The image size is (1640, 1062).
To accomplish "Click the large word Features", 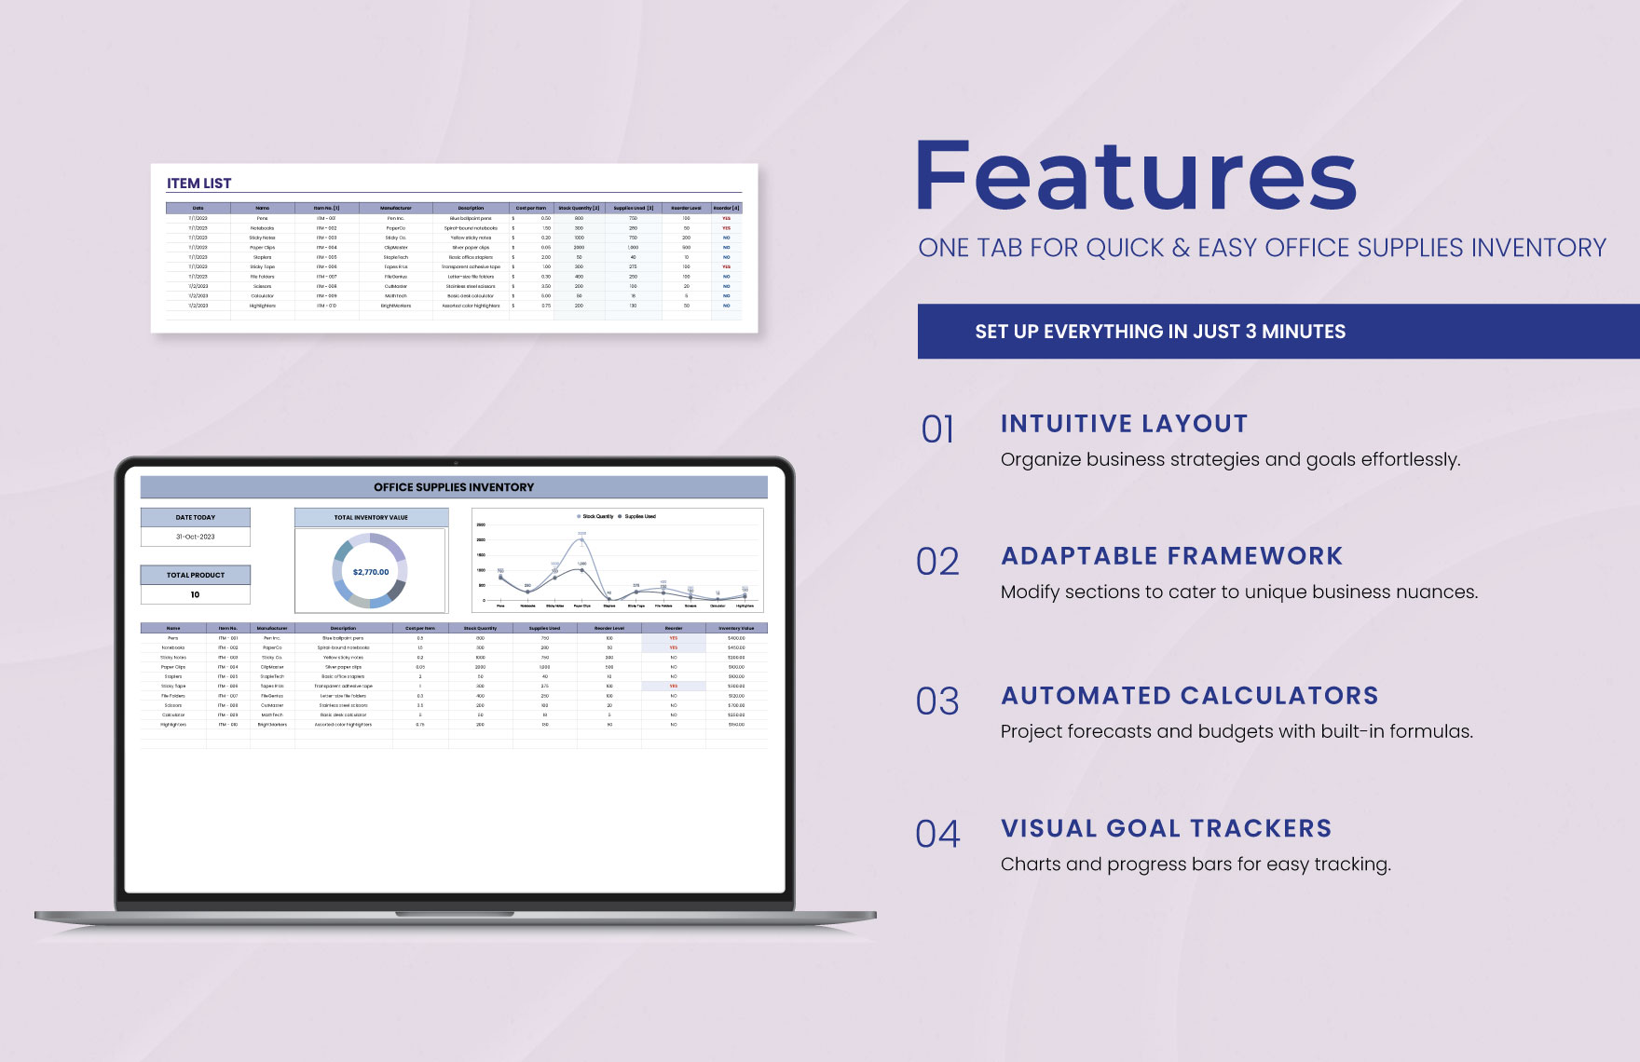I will (1136, 177).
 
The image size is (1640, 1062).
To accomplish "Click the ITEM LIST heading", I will (198, 184).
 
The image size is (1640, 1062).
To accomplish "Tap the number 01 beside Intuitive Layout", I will (937, 429).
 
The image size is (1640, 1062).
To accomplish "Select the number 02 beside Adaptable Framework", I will (937, 562).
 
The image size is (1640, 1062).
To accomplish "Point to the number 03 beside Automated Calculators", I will (937, 701).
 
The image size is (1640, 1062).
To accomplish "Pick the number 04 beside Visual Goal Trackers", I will (937, 834).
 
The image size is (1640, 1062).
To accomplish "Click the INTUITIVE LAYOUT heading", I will (1124, 424).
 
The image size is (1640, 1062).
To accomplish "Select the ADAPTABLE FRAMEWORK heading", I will (1171, 556).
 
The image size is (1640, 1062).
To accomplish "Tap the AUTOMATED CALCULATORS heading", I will (1189, 696).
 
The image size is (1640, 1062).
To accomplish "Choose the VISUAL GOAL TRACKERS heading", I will (1166, 828).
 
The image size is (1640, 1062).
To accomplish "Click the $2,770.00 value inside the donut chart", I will (371, 572).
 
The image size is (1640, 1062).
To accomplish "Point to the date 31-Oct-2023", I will (196, 537).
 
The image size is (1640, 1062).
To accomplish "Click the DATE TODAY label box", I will (196, 517).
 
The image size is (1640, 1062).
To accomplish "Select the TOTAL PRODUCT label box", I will (196, 575).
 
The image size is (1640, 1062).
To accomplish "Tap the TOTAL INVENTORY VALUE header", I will (371, 517).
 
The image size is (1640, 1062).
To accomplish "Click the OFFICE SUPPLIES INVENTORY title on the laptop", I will (454, 487).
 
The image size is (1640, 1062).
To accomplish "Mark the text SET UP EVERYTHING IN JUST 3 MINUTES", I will (1160, 332).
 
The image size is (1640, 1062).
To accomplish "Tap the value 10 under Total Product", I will (195, 594).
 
